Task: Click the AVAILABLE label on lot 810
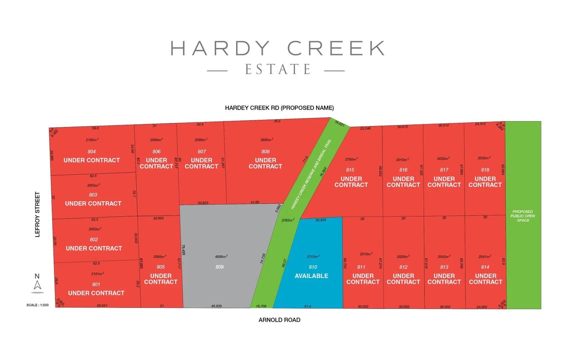pos(311,276)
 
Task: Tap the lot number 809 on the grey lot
pos(220,267)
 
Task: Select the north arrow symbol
pos(37,285)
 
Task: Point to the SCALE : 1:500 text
pos(37,305)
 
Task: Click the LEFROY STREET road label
pos(37,214)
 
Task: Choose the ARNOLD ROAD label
pos(279,320)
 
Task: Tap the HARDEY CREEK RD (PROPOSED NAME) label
pos(279,108)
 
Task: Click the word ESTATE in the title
pos(278,70)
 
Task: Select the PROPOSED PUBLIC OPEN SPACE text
pos(523,216)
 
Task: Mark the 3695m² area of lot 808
pos(267,140)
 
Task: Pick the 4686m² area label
pos(221,257)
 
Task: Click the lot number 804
pos(92,152)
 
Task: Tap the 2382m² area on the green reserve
pos(287,220)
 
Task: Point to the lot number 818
pos(485,170)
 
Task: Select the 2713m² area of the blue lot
pos(313,257)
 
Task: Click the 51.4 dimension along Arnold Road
pos(307,306)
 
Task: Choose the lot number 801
pos(96,284)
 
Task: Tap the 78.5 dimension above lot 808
pos(277,121)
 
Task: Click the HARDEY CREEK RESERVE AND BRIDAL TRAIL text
pos(311,174)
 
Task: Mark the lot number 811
pos(361,267)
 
